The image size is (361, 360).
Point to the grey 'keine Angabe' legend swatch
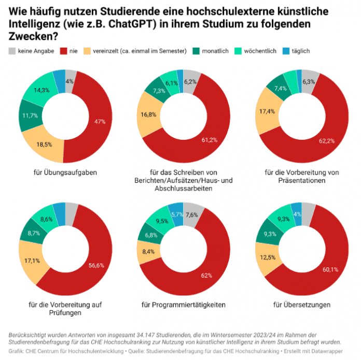12,51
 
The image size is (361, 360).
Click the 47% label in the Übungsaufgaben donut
100,122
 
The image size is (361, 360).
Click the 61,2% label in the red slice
209,140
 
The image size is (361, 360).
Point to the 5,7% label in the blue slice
177,214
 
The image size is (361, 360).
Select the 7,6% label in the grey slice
191,215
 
